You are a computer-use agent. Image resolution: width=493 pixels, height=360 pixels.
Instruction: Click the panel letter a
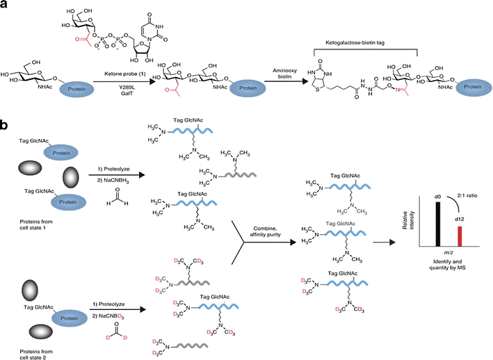tap(6, 6)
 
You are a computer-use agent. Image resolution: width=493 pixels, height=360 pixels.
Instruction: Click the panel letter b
tap(6, 126)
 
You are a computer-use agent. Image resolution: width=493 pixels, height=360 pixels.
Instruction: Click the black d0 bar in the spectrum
tap(437, 230)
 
